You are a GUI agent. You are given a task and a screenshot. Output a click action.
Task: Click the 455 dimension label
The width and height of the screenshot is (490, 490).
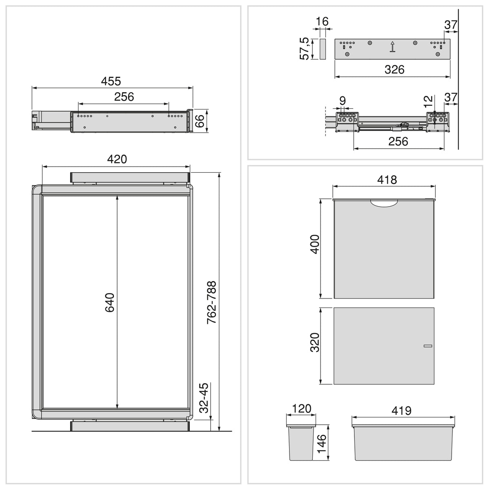click(x=111, y=81)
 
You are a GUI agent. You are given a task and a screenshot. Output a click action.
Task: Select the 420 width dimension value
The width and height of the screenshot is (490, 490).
click(x=117, y=159)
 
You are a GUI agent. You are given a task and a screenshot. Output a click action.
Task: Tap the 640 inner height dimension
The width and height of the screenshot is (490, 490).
click(x=110, y=303)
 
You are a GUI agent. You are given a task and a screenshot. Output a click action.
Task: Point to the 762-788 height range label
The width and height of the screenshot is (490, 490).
click(x=211, y=302)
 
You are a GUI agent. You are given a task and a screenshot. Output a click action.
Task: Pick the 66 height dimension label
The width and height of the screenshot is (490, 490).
click(x=200, y=121)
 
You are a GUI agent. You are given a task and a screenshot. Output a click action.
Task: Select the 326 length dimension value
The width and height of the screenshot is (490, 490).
click(x=394, y=69)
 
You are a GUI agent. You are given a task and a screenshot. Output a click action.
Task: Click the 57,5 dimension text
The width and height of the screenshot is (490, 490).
click(x=304, y=49)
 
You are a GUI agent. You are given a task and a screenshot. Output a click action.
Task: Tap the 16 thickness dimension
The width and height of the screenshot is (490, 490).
click(x=322, y=22)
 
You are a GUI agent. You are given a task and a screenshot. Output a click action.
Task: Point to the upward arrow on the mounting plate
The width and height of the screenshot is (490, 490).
click(x=393, y=47)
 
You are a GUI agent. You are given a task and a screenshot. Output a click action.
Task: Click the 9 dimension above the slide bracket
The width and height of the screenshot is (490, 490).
click(x=343, y=101)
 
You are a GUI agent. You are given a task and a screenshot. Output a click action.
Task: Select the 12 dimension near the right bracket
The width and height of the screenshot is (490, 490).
click(x=428, y=101)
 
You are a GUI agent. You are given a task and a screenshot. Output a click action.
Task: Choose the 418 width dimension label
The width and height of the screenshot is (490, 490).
click(x=387, y=180)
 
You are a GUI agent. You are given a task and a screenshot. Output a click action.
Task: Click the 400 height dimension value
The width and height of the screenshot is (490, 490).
click(x=315, y=244)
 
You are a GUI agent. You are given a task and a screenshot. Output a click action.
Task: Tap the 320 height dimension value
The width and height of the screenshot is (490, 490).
click(x=315, y=342)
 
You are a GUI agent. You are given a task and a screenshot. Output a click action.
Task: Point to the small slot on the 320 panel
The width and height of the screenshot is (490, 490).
click(x=428, y=346)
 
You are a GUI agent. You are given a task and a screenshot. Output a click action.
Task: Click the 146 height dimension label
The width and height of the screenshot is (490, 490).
click(x=322, y=443)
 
